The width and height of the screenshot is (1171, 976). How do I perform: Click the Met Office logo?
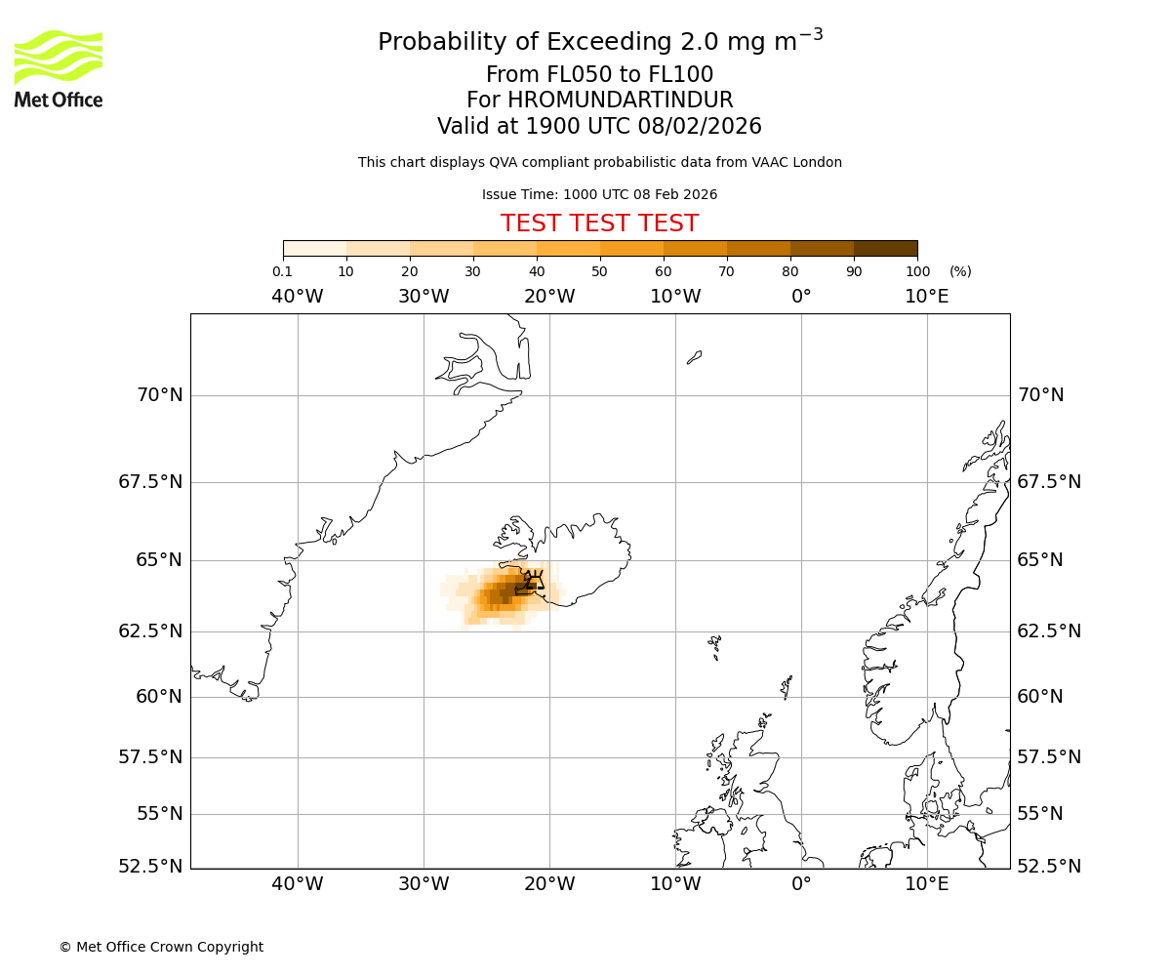(59, 68)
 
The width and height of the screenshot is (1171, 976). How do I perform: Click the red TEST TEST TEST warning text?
(599, 224)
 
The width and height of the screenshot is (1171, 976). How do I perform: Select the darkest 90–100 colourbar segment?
(885, 248)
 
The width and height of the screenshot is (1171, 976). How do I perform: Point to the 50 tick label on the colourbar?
(599, 272)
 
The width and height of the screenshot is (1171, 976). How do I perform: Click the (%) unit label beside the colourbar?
(960, 272)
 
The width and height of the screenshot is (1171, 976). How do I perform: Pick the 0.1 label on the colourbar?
(282, 272)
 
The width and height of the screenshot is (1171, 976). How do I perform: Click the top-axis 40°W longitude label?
(297, 297)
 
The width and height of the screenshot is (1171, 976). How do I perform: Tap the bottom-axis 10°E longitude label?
(926, 884)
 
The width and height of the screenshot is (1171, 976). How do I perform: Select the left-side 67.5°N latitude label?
(151, 482)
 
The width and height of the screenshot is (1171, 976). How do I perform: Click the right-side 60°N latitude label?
(1041, 697)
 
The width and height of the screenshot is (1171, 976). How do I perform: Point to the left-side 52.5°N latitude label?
(151, 867)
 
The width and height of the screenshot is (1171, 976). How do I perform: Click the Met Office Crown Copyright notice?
(161, 948)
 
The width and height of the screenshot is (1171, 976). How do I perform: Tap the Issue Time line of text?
(599, 195)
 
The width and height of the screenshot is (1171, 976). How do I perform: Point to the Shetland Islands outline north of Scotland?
(787, 685)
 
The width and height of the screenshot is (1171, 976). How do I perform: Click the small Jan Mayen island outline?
(694, 357)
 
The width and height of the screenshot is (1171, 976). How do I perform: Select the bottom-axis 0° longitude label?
(801, 884)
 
